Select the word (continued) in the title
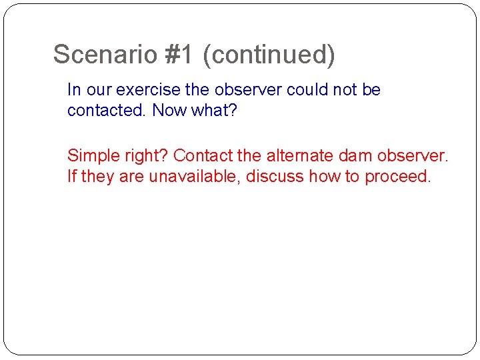tap(269, 55)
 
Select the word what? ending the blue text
tap(215, 110)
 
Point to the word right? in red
tap(144, 156)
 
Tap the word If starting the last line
tap(72, 177)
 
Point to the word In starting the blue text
tap(74, 90)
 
